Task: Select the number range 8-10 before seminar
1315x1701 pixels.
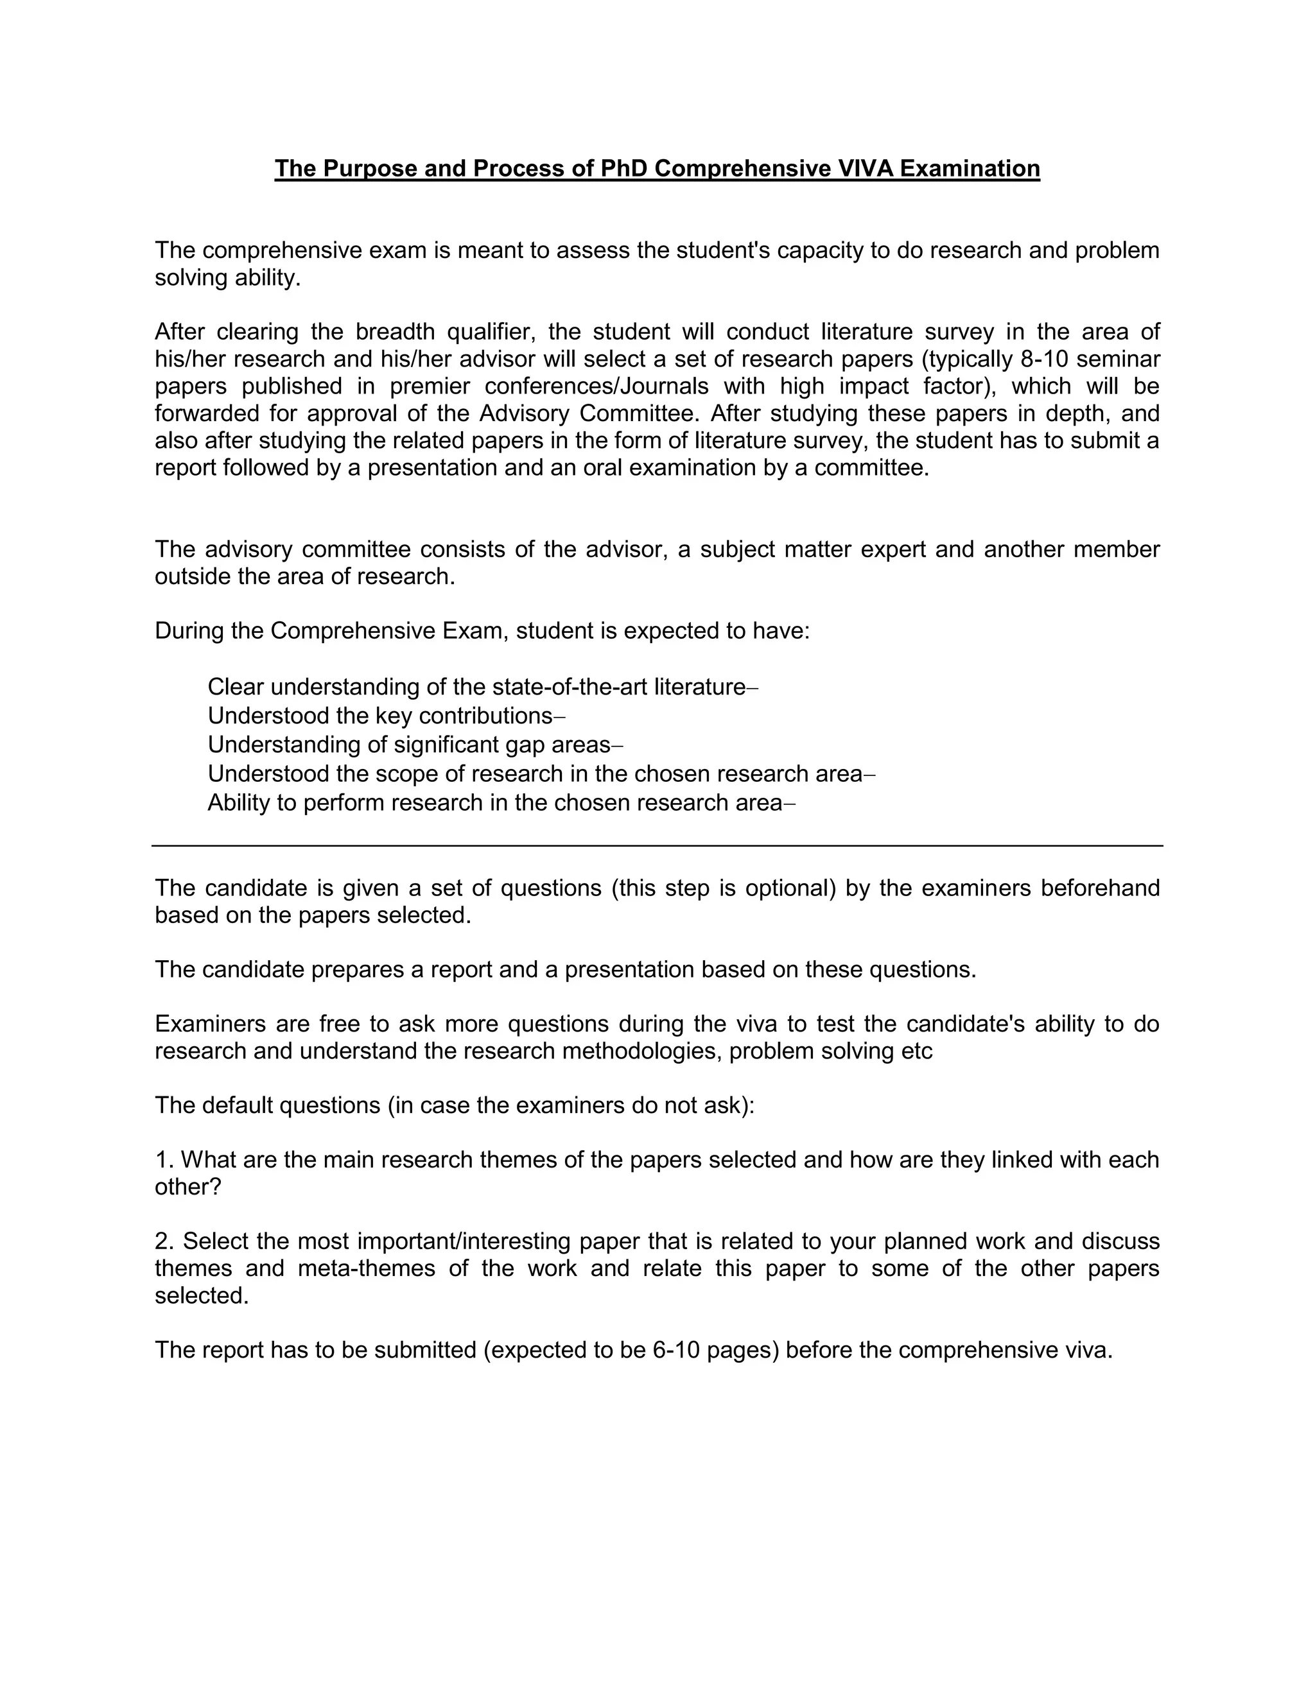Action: [x=1043, y=359]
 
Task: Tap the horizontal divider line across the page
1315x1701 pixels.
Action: [x=657, y=845]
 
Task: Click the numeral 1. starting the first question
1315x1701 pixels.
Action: [x=164, y=1160]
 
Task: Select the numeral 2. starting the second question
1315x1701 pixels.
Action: [x=164, y=1241]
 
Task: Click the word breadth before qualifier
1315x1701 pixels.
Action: [x=395, y=332]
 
